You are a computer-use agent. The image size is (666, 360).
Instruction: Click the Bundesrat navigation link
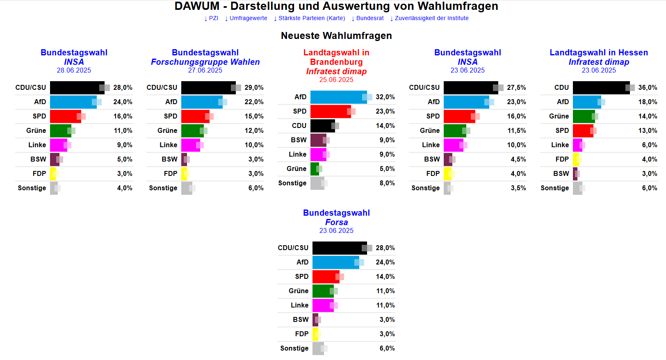(369, 18)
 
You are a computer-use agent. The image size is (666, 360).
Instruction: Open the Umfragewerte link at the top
(248, 18)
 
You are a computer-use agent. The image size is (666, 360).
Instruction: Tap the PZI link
(213, 18)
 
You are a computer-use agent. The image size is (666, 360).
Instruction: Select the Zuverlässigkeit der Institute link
(431, 18)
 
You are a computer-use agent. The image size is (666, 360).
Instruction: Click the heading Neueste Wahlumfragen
(336, 36)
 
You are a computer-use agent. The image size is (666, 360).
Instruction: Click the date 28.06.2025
(74, 70)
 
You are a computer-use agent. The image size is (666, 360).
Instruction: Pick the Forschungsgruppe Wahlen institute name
(205, 62)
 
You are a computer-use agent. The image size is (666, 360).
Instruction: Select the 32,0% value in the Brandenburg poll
(385, 97)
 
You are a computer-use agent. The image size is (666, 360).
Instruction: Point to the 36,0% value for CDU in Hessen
(648, 88)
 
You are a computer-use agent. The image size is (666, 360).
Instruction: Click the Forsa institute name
(336, 222)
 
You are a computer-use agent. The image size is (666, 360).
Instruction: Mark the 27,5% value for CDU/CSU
(516, 88)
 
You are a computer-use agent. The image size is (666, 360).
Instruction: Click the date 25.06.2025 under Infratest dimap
(336, 80)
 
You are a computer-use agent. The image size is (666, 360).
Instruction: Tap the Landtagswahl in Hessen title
(599, 52)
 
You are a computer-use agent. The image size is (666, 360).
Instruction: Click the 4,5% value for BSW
(518, 159)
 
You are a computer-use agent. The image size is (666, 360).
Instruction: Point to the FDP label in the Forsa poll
(301, 334)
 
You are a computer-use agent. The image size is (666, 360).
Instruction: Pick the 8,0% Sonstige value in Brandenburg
(387, 183)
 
